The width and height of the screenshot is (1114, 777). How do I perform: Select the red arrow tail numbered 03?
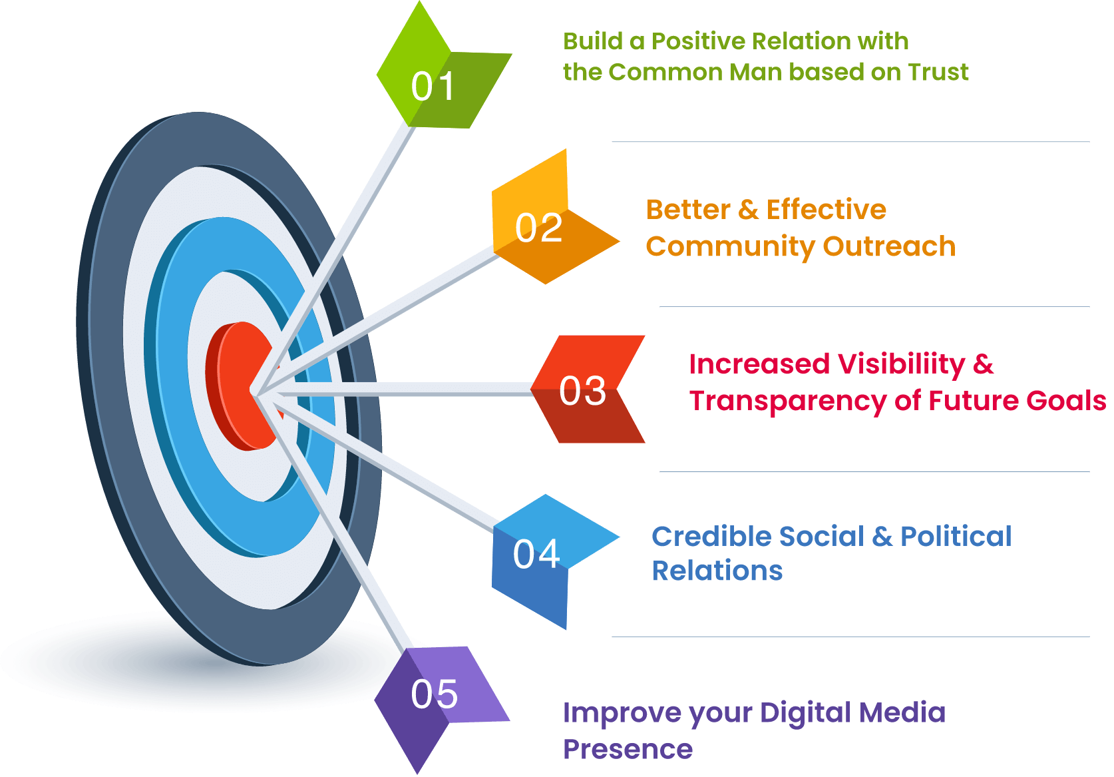(586, 389)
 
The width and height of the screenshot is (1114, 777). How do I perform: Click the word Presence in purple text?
(628, 749)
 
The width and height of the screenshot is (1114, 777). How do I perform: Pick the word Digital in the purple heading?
(805, 713)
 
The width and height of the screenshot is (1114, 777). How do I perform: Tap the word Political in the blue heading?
(956, 536)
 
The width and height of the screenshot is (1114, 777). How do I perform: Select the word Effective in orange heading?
(826, 210)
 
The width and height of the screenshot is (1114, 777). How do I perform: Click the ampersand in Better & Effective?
(748, 210)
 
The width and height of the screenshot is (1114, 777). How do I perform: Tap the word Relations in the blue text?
(717, 571)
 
